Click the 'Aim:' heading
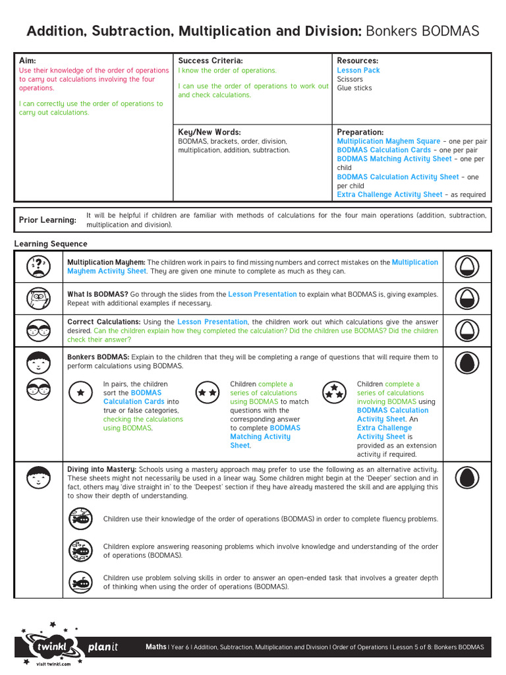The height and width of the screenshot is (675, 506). tap(27, 61)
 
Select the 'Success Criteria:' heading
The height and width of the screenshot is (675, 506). tap(211, 61)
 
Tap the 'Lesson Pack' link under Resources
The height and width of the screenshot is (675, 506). tap(358, 71)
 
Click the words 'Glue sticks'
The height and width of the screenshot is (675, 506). tap(354, 88)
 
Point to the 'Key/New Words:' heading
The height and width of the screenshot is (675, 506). tap(210, 132)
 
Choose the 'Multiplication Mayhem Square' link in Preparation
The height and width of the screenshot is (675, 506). tap(389, 141)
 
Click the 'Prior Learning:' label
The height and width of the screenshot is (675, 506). tap(47, 220)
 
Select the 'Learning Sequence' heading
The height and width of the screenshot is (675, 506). tap(51, 244)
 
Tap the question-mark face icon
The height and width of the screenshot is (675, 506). tap(39, 266)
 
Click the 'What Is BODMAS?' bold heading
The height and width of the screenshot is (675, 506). tap(98, 294)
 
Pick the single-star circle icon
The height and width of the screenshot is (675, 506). tap(81, 392)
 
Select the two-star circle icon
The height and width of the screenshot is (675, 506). tap(208, 392)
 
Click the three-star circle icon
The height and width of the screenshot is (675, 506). tap(335, 392)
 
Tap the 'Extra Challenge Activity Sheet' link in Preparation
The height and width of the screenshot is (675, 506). tap(390, 194)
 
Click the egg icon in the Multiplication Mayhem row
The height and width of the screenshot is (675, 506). tap(466, 266)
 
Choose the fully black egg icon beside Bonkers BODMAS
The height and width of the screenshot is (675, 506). tap(466, 362)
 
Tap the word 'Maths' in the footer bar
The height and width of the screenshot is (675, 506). tap(156, 647)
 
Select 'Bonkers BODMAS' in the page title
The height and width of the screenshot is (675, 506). tap(422, 31)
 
